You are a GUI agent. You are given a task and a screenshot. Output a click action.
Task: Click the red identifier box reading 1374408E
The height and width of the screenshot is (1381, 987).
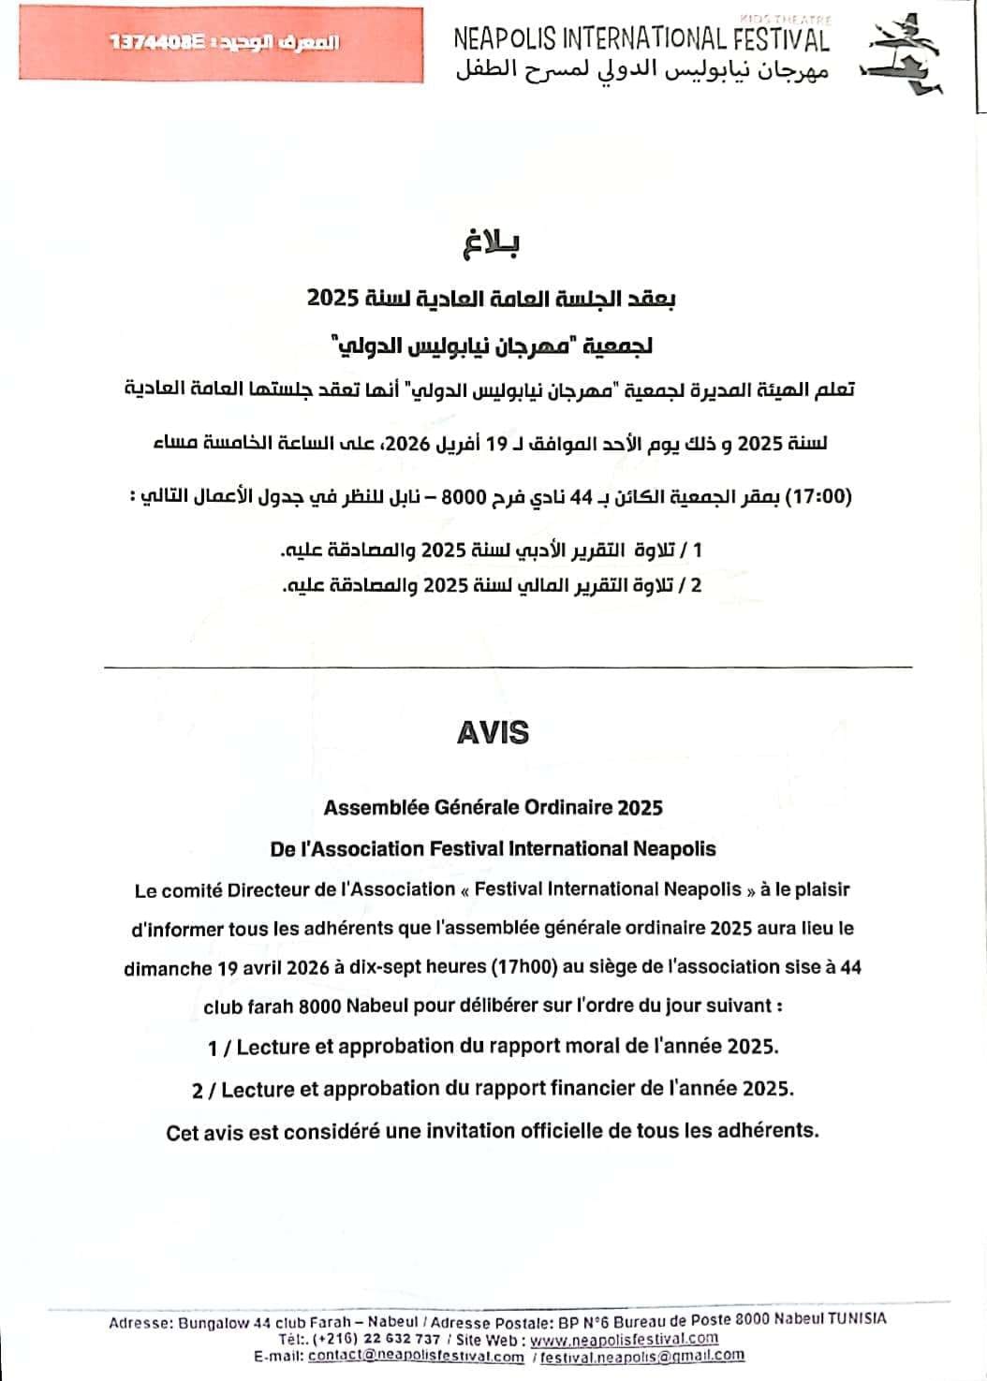pyautogui.click(x=222, y=44)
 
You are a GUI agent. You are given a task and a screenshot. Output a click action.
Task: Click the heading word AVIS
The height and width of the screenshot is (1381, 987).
pyautogui.click(x=493, y=732)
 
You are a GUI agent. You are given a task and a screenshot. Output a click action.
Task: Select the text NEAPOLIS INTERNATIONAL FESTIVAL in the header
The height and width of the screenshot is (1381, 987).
pyautogui.click(x=641, y=38)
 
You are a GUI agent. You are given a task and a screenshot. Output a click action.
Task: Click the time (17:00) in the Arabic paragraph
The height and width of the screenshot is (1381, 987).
pyautogui.click(x=817, y=496)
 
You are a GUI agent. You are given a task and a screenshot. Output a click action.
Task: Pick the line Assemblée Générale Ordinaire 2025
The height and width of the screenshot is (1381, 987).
pyautogui.click(x=493, y=807)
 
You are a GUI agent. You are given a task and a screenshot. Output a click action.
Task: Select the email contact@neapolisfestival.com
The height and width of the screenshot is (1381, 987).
pyautogui.click(x=416, y=1356)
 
